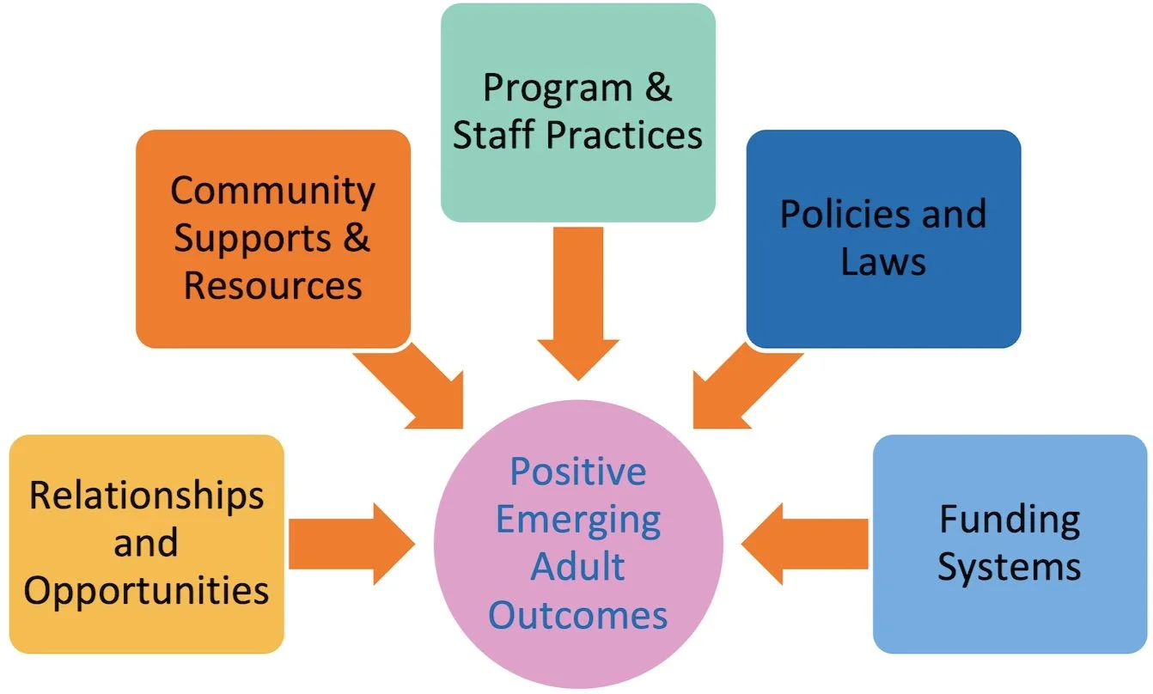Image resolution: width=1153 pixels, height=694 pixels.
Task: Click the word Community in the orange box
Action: point(272,191)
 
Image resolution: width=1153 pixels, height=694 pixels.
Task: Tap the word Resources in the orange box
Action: point(272,285)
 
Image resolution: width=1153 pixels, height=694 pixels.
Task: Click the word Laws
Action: point(883,261)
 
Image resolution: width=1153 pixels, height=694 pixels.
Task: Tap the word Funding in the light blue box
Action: point(1009,519)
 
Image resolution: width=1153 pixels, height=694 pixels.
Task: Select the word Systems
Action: point(1009,567)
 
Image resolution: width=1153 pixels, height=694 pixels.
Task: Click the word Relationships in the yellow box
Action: point(146,496)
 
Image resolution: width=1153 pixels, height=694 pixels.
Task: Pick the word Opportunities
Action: point(146,591)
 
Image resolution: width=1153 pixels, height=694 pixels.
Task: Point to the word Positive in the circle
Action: point(577,472)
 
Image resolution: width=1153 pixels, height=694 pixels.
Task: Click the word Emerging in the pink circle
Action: point(578,520)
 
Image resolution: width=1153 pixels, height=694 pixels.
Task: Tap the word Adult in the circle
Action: point(577,568)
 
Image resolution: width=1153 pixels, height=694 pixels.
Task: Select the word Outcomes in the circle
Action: point(577,615)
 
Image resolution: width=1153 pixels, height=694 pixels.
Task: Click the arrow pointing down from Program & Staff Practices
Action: point(578,301)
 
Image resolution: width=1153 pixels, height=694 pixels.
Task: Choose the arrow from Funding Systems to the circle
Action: point(803,544)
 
